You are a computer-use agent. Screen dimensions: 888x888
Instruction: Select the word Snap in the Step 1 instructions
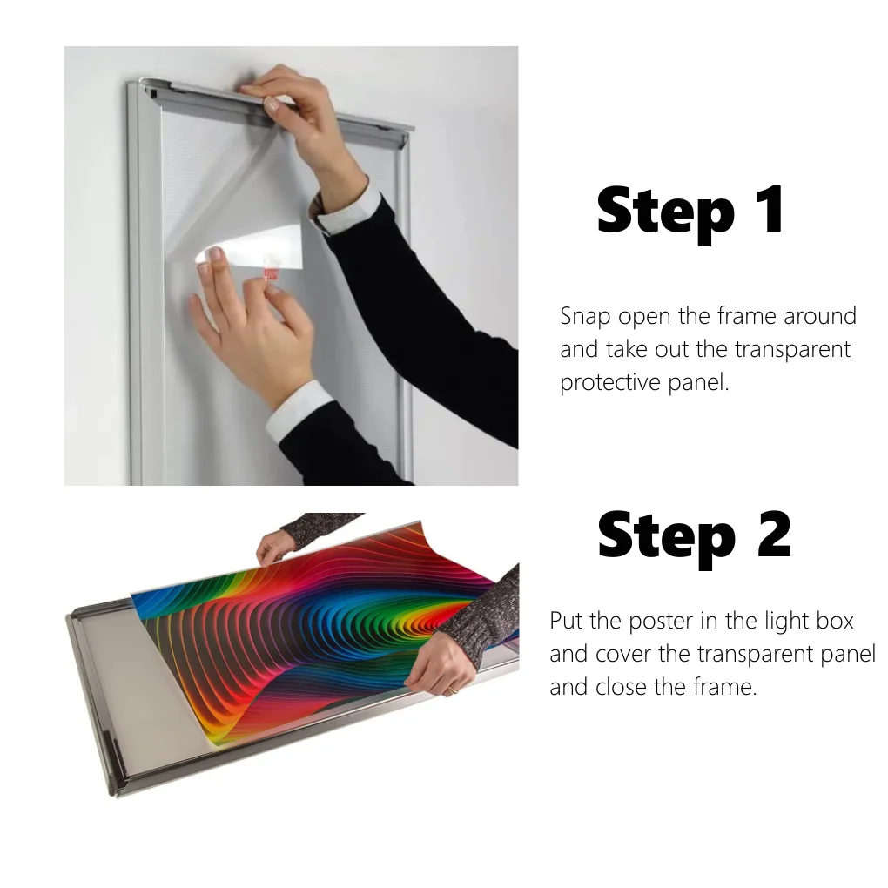585,316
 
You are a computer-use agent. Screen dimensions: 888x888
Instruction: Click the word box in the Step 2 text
833,621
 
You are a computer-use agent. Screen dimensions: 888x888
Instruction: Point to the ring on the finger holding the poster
452,690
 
